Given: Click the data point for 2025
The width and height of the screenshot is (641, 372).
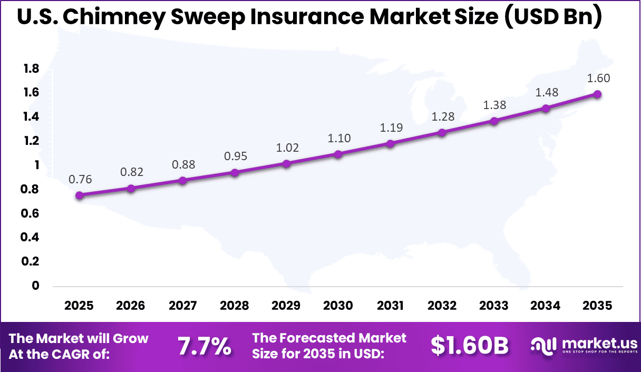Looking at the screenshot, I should pyautogui.click(x=80, y=195).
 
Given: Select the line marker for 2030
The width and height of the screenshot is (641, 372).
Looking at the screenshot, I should pyautogui.click(x=338, y=154).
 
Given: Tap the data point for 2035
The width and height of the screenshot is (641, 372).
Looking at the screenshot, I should pyautogui.click(x=597, y=94).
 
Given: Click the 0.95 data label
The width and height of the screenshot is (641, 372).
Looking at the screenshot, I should pyautogui.click(x=235, y=156).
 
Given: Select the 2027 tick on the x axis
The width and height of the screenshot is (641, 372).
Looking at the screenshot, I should pyautogui.click(x=183, y=306).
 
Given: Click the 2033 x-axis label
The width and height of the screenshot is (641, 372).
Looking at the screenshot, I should pyautogui.click(x=493, y=306).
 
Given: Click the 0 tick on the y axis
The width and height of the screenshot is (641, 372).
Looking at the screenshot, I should pyautogui.click(x=36, y=286).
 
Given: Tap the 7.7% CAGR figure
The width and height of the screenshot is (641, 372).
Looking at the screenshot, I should pyautogui.click(x=204, y=346).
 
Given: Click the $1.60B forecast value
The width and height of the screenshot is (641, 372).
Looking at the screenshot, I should pyautogui.click(x=470, y=346).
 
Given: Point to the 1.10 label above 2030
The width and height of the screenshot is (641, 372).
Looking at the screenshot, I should pyautogui.click(x=338, y=139).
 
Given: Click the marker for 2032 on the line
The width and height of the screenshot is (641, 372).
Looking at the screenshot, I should pyautogui.click(x=442, y=133).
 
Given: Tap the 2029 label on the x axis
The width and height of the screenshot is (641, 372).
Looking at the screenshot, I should pyautogui.click(x=287, y=306).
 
